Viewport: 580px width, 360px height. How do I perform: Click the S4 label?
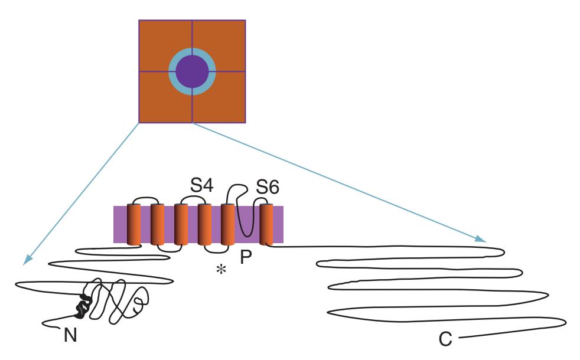[x=202, y=185]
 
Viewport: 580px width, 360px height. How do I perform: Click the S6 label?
[x=268, y=187]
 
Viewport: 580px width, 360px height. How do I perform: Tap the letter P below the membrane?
[x=246, y=257]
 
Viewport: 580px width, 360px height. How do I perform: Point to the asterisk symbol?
[x=221, y=270]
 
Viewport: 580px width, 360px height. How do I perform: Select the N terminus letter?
[x=70, y=335]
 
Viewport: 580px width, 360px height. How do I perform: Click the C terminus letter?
[x=445, y=339]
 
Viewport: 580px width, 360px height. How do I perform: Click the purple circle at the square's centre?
[x=192, y=71]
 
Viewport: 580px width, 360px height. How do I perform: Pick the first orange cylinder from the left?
[x=134, y=224]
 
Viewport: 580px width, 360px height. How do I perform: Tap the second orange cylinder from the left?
[x=157, y=224]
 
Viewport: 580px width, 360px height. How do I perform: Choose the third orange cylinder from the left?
[x=181, y=224]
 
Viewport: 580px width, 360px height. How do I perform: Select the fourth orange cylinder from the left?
[x=204, y=224]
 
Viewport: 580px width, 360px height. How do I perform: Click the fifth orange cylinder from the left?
[x=228, y=224]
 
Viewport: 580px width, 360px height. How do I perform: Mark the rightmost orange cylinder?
[x=266, y=224]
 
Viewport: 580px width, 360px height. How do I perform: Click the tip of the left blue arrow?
[x=23, y=264]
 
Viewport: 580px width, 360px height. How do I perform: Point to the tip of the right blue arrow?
[x=486, y=242]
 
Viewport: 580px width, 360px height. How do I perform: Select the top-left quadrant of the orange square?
[x=155, y=37]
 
